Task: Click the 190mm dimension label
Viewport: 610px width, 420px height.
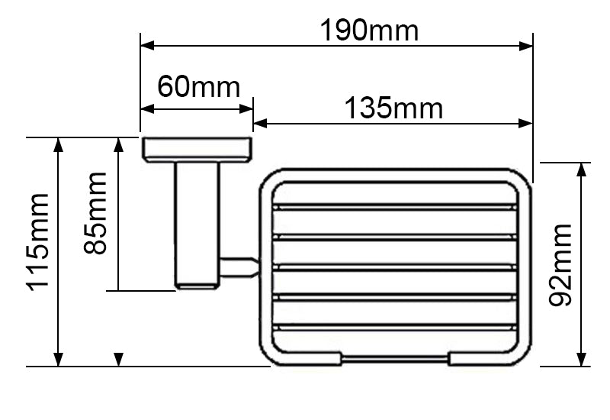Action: pos(369,31)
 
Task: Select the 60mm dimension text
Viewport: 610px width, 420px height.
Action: pos(198,87)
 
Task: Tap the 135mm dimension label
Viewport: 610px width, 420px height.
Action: pos(393,108)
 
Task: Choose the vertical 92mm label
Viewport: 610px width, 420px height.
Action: pos(562,264)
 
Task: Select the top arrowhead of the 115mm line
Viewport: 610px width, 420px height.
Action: pos(58,144)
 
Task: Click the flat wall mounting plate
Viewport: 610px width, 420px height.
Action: pos(197,150)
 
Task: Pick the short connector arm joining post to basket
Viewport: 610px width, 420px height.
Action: pos(238,266)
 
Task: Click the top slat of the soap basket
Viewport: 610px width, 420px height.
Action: pos(396,207)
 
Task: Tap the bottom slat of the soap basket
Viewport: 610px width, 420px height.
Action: pos(396,328)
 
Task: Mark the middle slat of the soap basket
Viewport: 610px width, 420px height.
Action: pos(396,267)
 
